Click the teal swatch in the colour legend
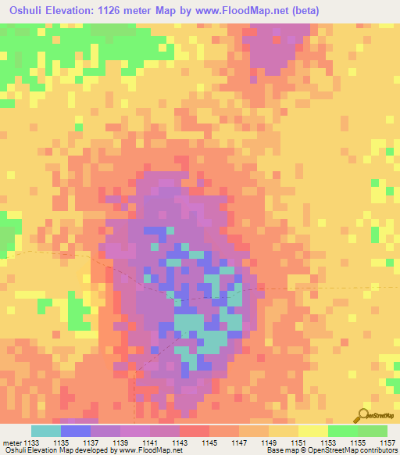(45, 431)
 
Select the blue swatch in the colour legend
(75, 431)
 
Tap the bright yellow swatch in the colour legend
(312, 431)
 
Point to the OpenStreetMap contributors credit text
(352, 450)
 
